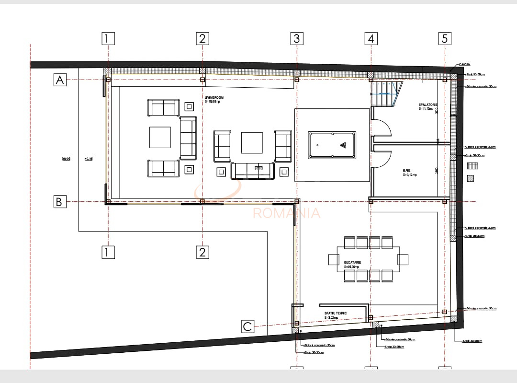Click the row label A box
pyautogui.click(x=60, y=80)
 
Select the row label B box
pyautogui.click(x=59, y=202)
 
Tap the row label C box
pyautogui.click(x=247, y=327)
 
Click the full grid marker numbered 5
pyautogui.click(x=445, y=38)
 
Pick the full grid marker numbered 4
pyautogui.click(x=371, y=38)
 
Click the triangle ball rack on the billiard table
pyautogui.click(x=343, y=145)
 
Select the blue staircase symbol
pyautogui.click(x=385, y=93)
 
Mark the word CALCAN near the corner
pyautogui.click(x=465, y=64)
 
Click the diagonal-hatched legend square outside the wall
pyautogui.click(x=471, y=178)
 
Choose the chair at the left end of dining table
pyautogui.click(x=333, y=259)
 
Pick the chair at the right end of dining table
pyautogui.click(x=403, y=259)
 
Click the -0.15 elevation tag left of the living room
pyautogui.click(x=88, y=159)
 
